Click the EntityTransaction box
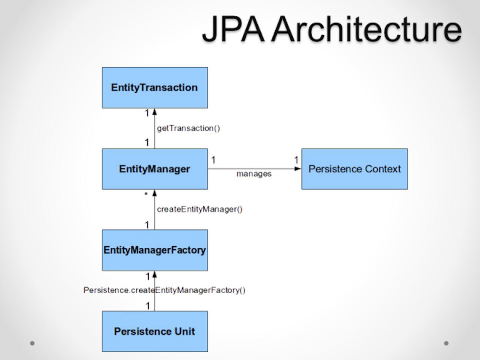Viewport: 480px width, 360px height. coord(155,88)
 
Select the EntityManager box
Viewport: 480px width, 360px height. coord(155,169)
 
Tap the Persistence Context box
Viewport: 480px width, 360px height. coord(354,169)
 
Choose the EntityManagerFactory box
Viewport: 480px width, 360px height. coord(155,250)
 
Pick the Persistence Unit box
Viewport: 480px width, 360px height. coord(155,332)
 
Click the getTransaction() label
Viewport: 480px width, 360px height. coord(188,128)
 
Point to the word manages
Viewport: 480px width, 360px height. coord(254,174)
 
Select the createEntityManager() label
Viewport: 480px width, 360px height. coord(200,209)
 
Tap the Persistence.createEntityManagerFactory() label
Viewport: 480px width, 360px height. coord(164,290)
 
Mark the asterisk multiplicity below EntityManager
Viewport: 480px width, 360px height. coord(146,195)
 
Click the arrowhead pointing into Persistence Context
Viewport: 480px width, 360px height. coord(298,169)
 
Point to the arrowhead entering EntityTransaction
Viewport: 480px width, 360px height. coord(155,112)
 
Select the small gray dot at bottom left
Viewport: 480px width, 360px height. coord(32,343)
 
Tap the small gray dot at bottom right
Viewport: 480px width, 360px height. coord(446,343)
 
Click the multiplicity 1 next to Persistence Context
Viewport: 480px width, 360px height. coord(296,160)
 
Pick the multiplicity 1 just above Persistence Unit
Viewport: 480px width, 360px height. coord(147,306)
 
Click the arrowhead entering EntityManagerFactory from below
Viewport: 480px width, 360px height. coord(155,274)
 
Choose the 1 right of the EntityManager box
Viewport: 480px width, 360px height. coord(214,160)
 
